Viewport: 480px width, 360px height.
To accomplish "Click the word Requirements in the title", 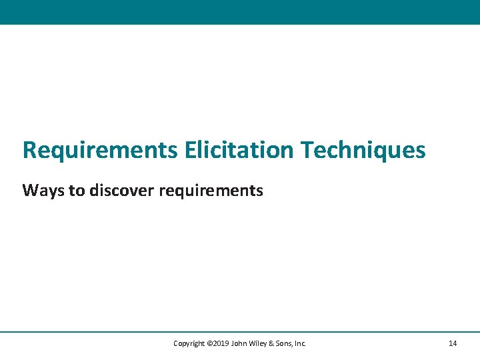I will pos(100,150).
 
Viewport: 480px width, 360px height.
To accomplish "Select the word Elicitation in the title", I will pos(239,150).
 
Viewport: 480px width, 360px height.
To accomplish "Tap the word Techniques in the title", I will pos(363,150).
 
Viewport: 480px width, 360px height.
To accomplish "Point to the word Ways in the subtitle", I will pos(43,191).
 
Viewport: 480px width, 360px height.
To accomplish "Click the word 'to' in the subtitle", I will pos(77,191).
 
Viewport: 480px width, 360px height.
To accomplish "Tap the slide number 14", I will pos(453,343).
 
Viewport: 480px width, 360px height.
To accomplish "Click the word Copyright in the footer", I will pos(189,343).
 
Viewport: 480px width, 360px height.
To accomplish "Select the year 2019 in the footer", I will pos(221,343).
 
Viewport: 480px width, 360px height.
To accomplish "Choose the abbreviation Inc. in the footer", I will pos(300,343).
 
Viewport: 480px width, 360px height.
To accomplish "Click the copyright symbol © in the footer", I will pos(209,343).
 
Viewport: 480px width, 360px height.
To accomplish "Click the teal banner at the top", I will pos(240,12).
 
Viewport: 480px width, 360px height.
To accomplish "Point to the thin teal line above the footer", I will pos(240,331).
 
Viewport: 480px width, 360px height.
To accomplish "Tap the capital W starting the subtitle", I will pos(30,191).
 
